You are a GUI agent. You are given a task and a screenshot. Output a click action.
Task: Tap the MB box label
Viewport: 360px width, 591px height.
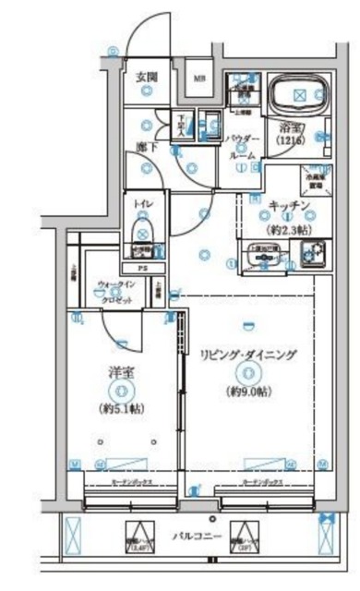coord(199,78)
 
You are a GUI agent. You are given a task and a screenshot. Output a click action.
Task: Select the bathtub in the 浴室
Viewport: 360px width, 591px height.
coord(297,93)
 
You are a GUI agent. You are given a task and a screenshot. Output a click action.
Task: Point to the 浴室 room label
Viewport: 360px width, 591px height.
coord(282,129)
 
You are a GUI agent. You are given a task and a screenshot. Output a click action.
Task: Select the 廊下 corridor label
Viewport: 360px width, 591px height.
coord(146,146)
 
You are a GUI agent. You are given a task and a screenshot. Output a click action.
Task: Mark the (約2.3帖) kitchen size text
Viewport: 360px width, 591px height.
coord(287,226)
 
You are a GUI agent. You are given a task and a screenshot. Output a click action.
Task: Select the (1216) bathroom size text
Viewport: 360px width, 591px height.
coord(282,144)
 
